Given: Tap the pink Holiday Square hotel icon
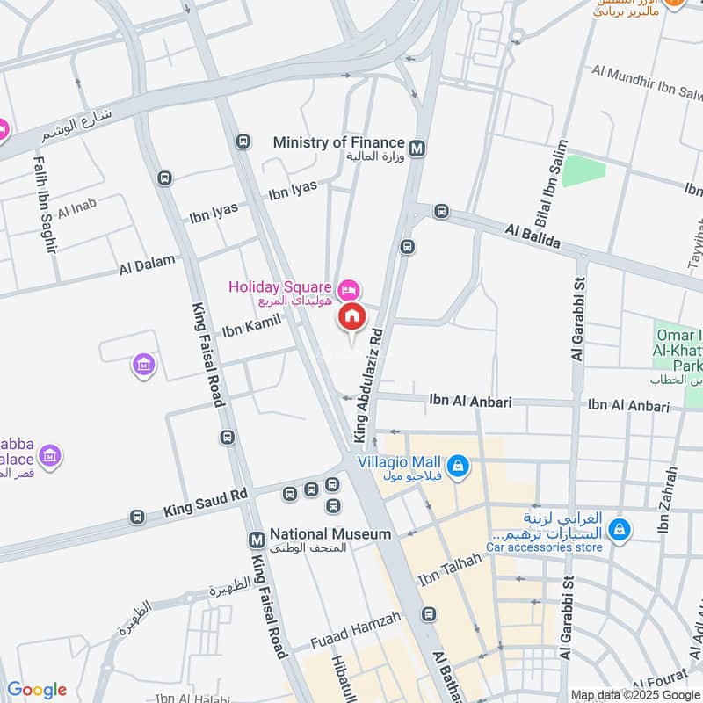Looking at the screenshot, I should click(349, 288).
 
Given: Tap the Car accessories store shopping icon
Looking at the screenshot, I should click(620, 529).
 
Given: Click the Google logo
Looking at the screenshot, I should click(36, 690).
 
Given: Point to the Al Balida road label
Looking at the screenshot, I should click(533, 236).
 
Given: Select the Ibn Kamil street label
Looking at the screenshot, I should click(250, 326).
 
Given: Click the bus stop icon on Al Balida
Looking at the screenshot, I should click(441, 212).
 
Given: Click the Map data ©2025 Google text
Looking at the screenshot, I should click(634, 693).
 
